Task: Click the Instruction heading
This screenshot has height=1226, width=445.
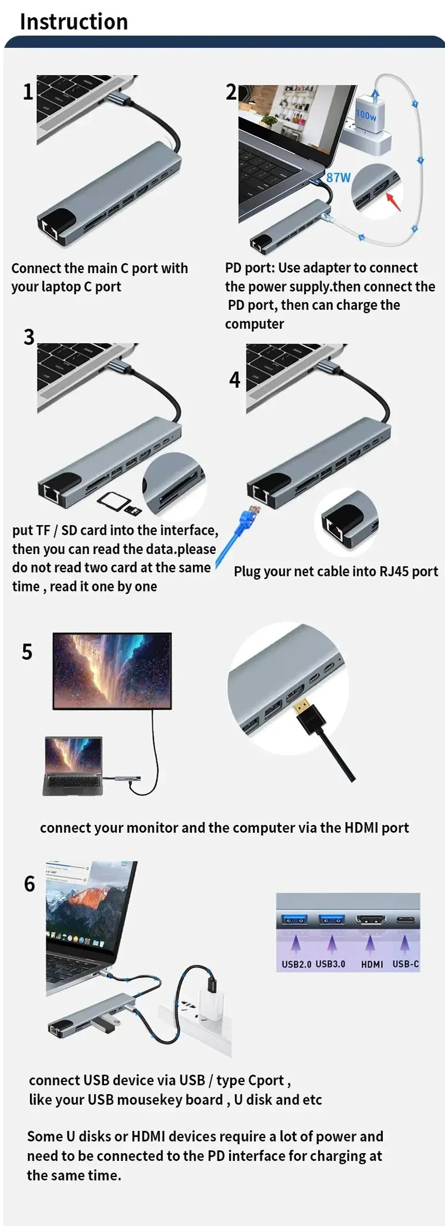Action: [74, 22]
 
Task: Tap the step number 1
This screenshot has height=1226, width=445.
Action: [28, 92]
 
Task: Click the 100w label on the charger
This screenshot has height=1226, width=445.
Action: [366, 115]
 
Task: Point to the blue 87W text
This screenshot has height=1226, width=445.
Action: [338, 178]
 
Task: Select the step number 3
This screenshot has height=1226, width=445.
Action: [29, 337]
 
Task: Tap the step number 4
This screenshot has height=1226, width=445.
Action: [235, 380]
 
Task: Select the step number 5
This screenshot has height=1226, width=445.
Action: [27, 651]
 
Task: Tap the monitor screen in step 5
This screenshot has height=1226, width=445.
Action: [112, 670]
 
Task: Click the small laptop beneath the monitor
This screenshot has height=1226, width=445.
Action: [73, 765]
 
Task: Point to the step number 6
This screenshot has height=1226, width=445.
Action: [29, 884]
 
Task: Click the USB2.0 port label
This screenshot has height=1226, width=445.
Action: [296, 964]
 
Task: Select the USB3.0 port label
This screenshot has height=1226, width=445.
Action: [330, 964]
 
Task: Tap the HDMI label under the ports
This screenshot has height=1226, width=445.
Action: [372, 964]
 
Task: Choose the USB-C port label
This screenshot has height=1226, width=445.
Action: [406, 964]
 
